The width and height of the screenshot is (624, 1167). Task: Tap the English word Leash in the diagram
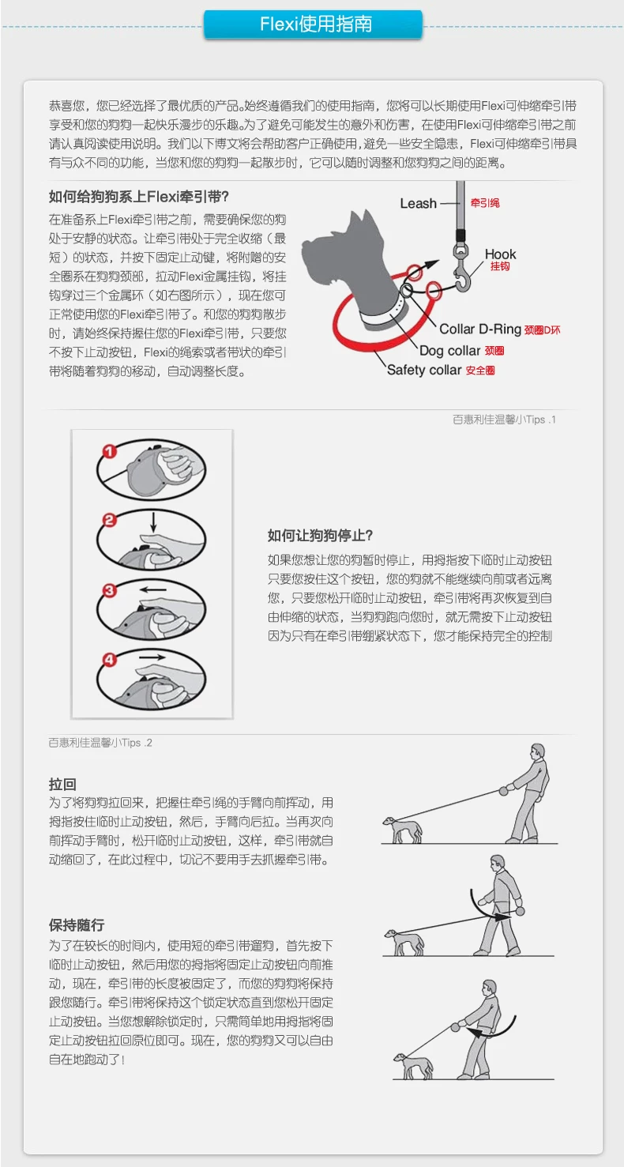[x=419, y=203]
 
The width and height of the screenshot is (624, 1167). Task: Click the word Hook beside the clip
[x=500, y=254]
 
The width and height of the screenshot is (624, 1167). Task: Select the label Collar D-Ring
[x=480, y=329]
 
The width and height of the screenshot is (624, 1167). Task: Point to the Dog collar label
[x=449, y=351]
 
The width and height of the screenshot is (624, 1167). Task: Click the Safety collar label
[x=424, y=370]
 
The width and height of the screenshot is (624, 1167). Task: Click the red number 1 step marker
[x=109, y=451]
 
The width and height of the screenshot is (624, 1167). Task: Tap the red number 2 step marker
[x=109, y=520]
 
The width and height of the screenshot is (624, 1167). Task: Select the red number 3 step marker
[x=109, y=590]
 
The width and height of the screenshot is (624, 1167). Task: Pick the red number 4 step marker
[x=109, y=660]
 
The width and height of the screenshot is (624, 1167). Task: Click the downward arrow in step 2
[x=154, y=522]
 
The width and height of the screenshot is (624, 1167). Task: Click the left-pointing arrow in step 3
[x=153, y=589]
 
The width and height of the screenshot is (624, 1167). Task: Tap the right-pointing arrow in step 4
[x=152, y=657]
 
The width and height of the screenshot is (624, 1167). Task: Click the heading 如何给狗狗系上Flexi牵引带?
[x=138, y=197]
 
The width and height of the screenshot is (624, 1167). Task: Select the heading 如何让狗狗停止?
[x=320, y=536]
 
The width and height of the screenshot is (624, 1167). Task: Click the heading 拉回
[x=62, y=784]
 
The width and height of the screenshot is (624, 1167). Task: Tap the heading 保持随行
[x=77, y=924]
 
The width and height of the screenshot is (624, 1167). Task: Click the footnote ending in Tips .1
[x=504, y=420]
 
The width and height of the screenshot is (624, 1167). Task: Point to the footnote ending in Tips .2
[x=100, y=743]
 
